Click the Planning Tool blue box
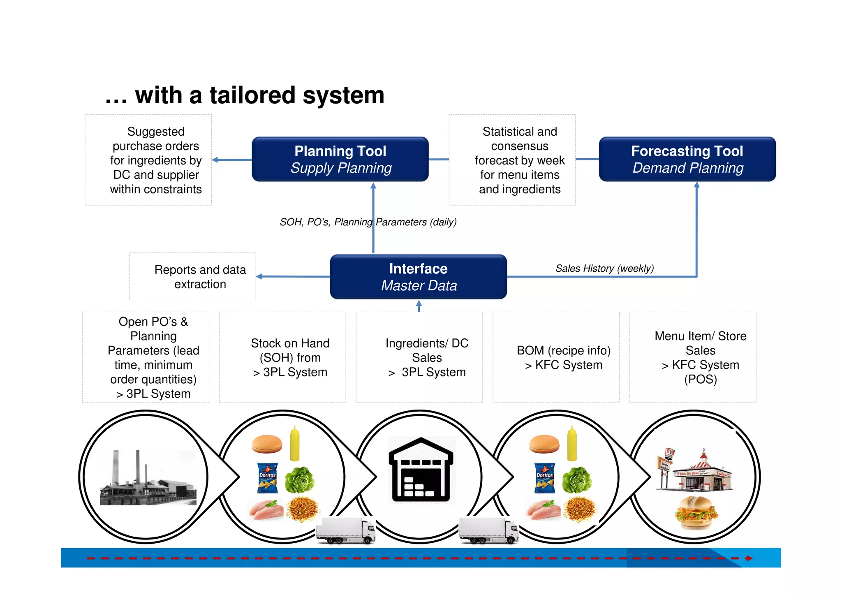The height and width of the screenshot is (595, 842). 340,159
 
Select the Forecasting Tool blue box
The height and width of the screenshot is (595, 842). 687,159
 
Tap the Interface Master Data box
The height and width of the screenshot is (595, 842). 418,277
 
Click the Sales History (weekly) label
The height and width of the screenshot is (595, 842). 604,269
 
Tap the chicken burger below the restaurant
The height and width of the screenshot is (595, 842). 696,512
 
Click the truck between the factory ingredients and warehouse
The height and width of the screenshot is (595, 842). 346,531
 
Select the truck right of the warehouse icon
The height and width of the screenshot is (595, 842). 489,531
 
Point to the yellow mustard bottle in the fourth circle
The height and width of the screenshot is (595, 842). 572,444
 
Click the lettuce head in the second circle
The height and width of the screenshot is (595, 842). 300,479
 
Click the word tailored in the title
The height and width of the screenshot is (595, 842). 252,95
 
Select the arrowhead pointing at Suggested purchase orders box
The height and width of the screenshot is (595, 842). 215,160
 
